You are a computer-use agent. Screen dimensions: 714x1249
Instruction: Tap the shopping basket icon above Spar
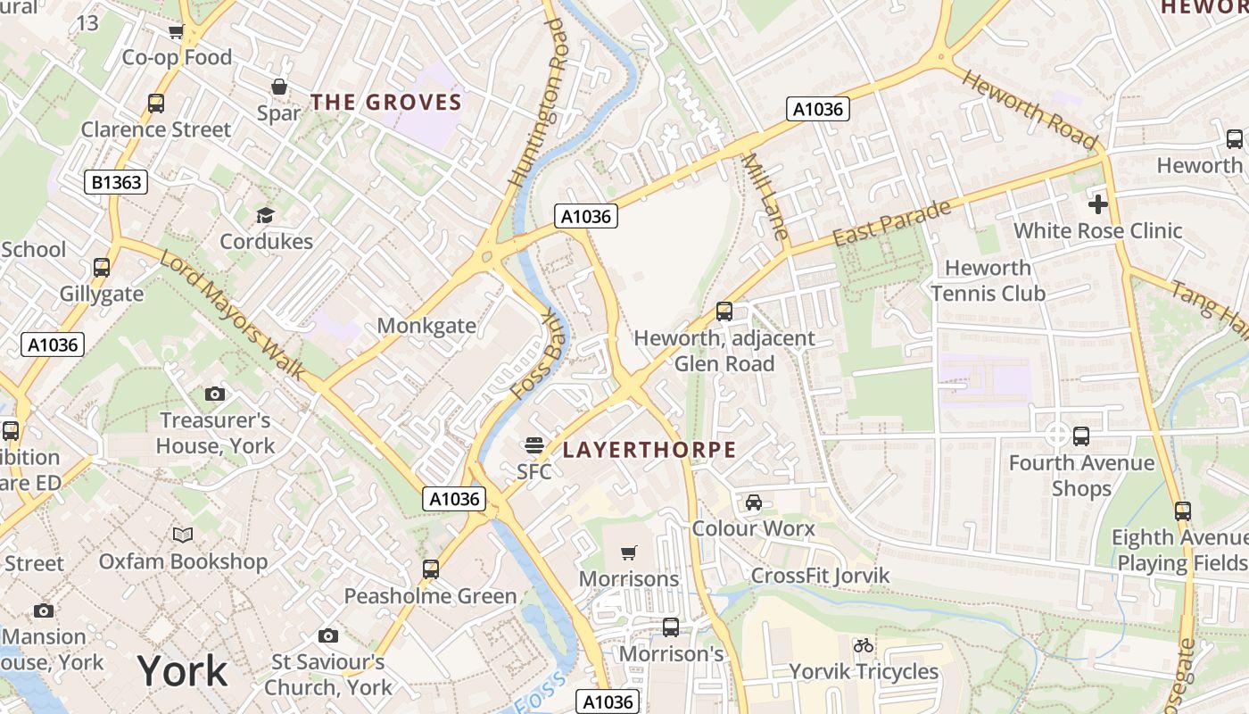pyautogui.click(x=279, y=87)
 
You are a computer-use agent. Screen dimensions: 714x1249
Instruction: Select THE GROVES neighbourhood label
pyautogui.click(x=386, y=102)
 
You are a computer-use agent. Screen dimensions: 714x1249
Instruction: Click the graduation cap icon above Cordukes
pyautogui.click(x=265, y=215)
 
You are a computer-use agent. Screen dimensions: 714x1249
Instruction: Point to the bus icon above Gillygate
pyautogui.click(x=102, y=267)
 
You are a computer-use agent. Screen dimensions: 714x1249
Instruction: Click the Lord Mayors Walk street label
pyautogui.click(x=233, y=314)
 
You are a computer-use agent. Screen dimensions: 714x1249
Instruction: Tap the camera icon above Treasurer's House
pyautogui.click(x=214, y=394)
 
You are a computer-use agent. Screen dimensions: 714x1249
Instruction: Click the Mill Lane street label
pyautogui.click(x=765, y=197)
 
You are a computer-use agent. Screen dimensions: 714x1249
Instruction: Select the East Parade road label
pyautogui.click(x=892, y=224)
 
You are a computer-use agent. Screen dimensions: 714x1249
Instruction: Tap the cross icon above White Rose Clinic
pyautogui.click(x=1097, y=204)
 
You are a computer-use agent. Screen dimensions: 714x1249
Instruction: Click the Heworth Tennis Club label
pyautogui.click(x=988, y=280)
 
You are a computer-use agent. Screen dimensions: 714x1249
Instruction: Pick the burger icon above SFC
pyautogui.click(x=534, y=444)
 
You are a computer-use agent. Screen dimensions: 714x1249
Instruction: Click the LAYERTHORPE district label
pyautogui.click(x=649, y=450)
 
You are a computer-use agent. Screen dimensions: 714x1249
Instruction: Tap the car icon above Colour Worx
pyautogui.click(x=754, y=502)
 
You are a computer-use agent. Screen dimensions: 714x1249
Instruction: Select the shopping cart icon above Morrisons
pyautogui.click(x=629, y=552)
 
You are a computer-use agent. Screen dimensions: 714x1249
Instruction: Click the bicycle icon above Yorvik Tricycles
pyautogui.click(x=863, y=644)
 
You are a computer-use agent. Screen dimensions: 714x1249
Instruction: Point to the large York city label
pyautogui.click(x=183, y=670)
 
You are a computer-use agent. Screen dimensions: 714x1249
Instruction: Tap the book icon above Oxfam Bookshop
pyautogui.click(x=183, y=535)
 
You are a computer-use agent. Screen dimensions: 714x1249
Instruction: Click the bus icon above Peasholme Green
pyautogui.click(x=431, y=569)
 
